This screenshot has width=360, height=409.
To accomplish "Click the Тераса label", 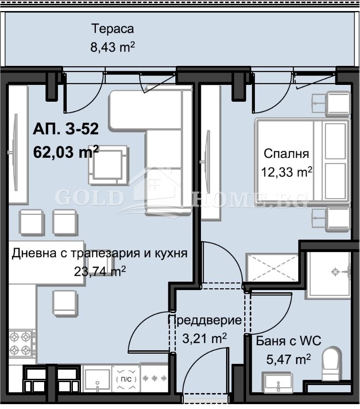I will (x=112, y=29).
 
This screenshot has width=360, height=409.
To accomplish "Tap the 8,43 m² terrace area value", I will (x=112, y=47).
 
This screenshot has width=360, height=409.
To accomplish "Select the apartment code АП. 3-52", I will (x=65, y=130).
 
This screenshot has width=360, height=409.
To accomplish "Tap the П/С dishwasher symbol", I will (x=126, y=379).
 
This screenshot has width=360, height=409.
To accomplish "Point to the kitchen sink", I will (x=97, y=379).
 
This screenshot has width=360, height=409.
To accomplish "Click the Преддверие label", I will (x=205, y=320).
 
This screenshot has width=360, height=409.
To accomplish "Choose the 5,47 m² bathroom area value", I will (x=288, y=359).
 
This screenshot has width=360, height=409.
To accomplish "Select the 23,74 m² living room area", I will (x=101, y=271).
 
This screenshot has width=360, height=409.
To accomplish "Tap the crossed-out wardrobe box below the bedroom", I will (x=273, y=268).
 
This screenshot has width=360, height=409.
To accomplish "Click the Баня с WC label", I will (x=288, y=341).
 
